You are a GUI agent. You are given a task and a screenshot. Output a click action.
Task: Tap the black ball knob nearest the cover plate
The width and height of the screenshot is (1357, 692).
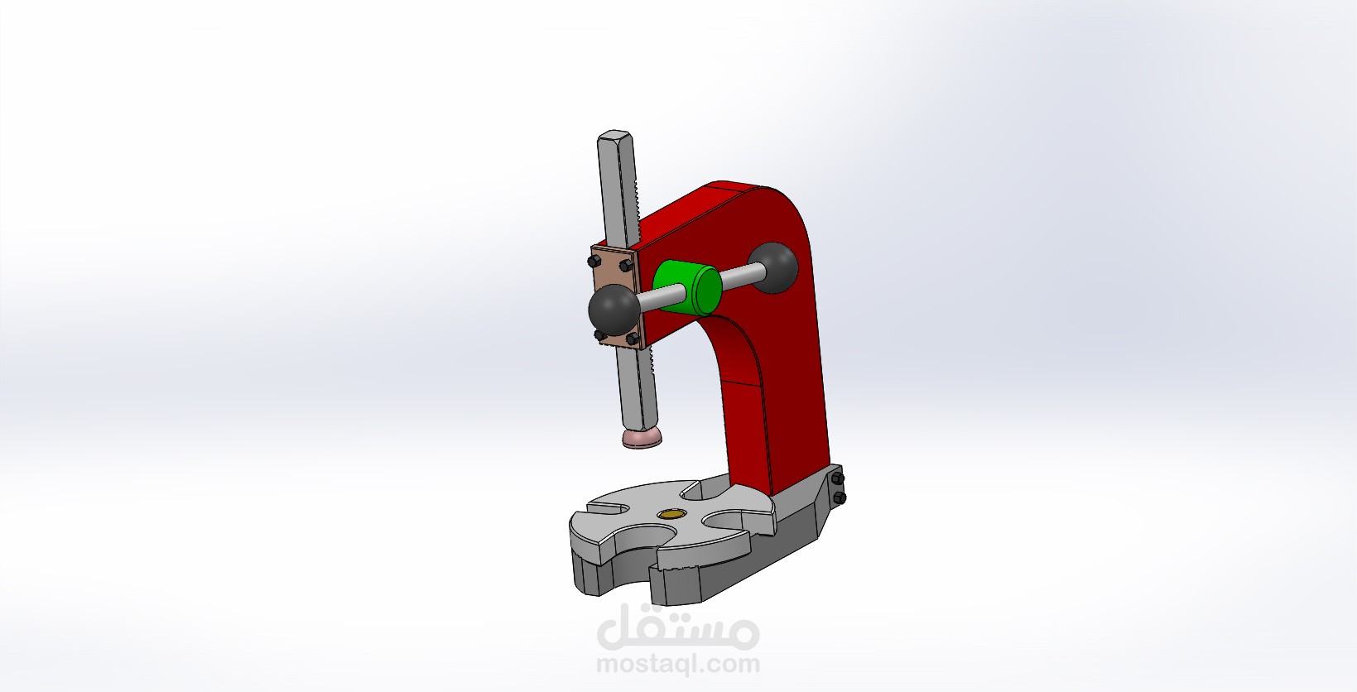point(614,313)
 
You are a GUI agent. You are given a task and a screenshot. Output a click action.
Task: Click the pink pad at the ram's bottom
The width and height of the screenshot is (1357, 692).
point(642,438)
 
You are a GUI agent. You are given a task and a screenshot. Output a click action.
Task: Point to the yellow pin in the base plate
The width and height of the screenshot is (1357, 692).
point(671,514)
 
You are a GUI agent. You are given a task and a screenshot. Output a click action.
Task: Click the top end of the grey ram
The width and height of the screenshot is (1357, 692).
point(614,137)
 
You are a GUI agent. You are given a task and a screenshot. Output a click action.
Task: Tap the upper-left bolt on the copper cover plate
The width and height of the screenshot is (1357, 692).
point(594,261)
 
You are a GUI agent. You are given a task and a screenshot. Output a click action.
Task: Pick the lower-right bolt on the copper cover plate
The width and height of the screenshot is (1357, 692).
point(632,339)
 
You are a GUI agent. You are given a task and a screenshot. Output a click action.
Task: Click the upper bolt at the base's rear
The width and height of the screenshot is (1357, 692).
point(837,479)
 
